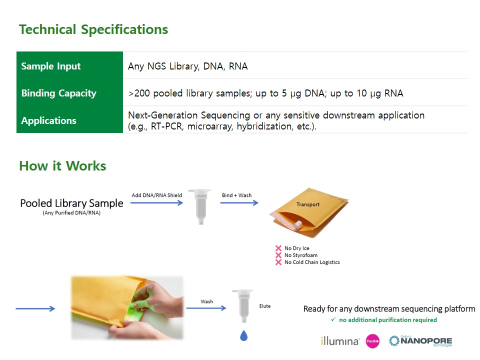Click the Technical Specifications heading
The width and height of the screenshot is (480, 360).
tap(93, 29)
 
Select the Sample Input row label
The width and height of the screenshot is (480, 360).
tap(51, 66)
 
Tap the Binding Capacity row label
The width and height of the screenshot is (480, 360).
tap(59, 93)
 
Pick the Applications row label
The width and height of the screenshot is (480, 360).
tap(48, 120)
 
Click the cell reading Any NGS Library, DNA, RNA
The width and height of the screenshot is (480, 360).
tap(187, 66)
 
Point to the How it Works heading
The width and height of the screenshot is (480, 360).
tap(62, 165)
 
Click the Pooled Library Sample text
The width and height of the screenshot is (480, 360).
tap(71, 203)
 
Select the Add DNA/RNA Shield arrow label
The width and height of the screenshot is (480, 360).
tap(156, 195)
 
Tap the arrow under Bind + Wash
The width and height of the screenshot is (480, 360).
tap(239, 202)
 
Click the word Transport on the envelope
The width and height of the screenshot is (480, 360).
tap(308, 204)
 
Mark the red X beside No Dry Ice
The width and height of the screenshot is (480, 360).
tap(278, 248)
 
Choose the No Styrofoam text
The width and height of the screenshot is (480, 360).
tap(301, 255)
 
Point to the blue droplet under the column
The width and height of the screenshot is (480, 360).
tap(243, 335)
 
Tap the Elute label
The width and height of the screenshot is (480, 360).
tap(265, 306)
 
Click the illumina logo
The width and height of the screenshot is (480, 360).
tap(340, 340)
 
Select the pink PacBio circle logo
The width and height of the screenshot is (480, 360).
tap(372, 341)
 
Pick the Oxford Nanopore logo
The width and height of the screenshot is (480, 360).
tap(420, 341)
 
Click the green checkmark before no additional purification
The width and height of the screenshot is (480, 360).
tap(333, 319)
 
